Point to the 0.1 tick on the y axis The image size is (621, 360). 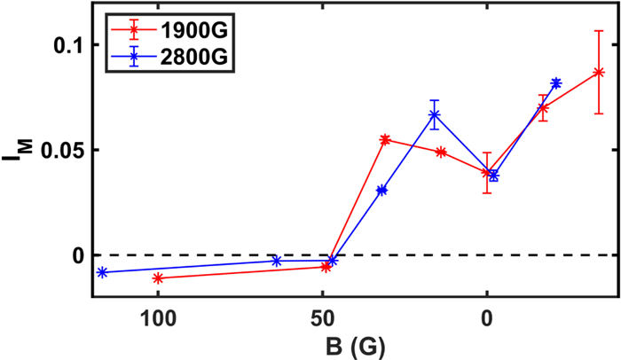click(x=70, y=44)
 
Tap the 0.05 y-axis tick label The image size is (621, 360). click(x=62, y=150)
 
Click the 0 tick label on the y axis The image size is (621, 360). click(x=77, y=255)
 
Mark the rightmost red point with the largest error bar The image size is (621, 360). click(x=599, y=73)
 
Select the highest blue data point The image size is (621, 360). click(x=556, y=83)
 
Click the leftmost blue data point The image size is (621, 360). click(x=102, y=272)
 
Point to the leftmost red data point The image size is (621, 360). click(x=158, y=278)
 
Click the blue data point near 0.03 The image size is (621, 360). click(x=381, y=190)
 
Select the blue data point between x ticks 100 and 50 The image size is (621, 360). click(x=277, y=261)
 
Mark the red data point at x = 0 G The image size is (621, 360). click(x=487, y=173)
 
